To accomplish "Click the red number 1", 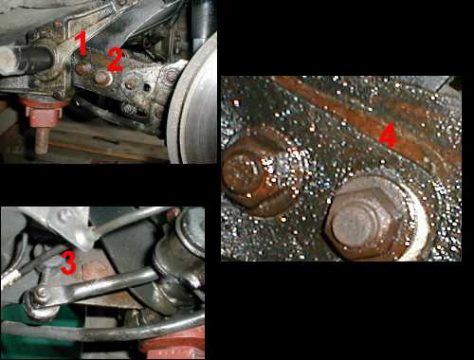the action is (x=82, y=44).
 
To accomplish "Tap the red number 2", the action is (x=115, y=60).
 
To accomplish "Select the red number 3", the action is (x=68, y=262).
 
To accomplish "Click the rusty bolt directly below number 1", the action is (x=82, y=68).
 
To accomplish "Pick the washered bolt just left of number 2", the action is (x=101, y=78).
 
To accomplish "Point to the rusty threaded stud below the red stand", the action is (x=41, y=139).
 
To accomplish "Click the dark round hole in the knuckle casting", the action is (x=147, y=87).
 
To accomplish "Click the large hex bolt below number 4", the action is (x=367, y=218).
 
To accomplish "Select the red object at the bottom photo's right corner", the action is (x=174, y=344).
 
